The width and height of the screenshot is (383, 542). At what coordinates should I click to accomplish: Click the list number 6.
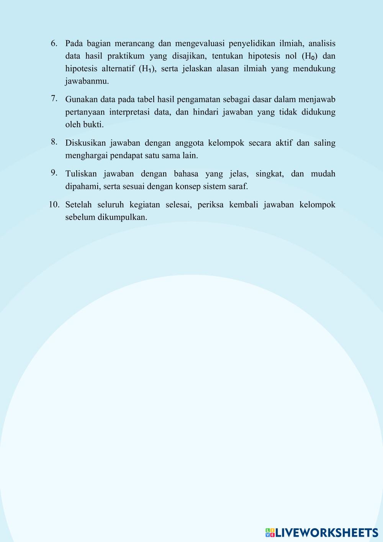tap(54, 43)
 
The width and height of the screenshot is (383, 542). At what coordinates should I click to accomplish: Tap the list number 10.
tap(54, 204)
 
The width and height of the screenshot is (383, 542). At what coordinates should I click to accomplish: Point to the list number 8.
tap(54, 142)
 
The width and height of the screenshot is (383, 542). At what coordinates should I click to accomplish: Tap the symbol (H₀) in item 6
tap(310, 56)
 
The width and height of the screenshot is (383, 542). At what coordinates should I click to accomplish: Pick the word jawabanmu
tap(87, 81)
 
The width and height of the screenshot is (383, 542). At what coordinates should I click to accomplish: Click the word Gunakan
tap(81, 100)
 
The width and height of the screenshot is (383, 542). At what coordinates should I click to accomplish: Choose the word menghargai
tap(87, 156)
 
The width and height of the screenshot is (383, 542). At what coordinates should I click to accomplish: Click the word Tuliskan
tap(80, 174)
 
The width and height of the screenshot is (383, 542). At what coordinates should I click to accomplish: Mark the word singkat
tap(270, 174)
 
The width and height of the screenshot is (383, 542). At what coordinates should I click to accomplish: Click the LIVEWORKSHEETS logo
tap(322, 532)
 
